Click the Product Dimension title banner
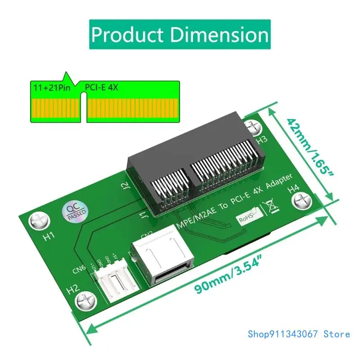(180, 34)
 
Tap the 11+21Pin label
(51, 87)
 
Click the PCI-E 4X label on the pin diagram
(101, 87)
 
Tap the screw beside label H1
(36, 220)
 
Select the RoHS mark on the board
(247, 216)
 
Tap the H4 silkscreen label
(293, 187)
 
